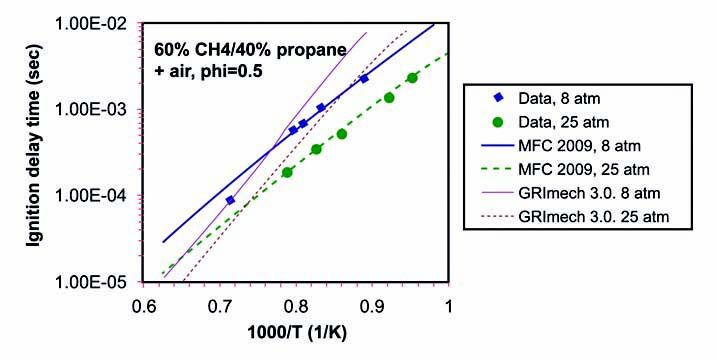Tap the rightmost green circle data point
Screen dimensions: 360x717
(x=412, y=78)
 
